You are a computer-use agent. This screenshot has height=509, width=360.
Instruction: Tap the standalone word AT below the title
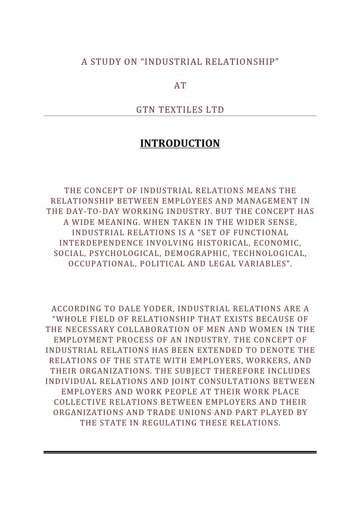(180, 85)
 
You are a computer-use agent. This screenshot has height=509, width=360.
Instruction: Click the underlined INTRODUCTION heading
(180, 144)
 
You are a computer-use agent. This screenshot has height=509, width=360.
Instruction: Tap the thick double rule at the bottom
(180, 452)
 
